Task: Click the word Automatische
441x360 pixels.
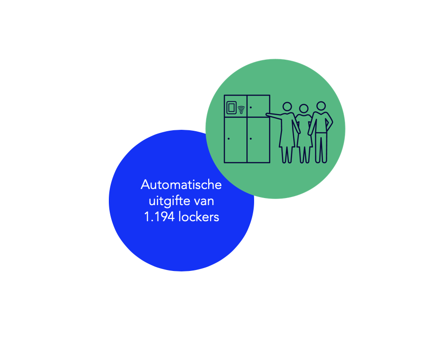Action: [x=181, y=185]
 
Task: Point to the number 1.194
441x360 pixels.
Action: [x=159, y=217]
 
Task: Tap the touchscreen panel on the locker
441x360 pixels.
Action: [x=231, y=108]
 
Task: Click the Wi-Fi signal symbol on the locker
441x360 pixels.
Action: [x=241, y=110]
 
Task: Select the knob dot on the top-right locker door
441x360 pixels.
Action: [x=251, y=107]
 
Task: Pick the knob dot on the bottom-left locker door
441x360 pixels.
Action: [x=229, y=138]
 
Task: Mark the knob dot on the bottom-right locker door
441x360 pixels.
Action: [x=251, y=138]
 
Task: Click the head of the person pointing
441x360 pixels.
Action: [x=287, y=107]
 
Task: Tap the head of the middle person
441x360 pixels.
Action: [x=304, y=108]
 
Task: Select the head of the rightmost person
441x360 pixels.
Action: [x=321, y=106]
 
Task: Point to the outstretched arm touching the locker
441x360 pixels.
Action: [x=276, y=116]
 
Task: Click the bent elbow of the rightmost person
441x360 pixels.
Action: [x=331, y=122]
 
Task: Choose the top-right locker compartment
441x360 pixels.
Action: [x=258, y=106]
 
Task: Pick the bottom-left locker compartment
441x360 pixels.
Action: [x=236, y=140]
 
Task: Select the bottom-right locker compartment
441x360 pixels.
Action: [x=258, y=140]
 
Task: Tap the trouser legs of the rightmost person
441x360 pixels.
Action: [x=321, y=147]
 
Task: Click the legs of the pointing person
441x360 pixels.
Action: [x=287, y=154]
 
